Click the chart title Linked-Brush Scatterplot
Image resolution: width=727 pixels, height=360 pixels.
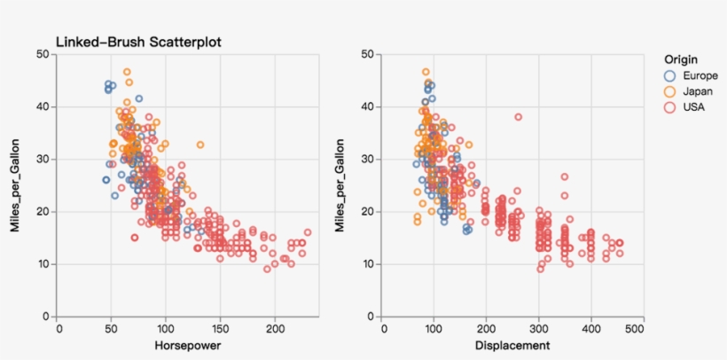[x=138, y=42]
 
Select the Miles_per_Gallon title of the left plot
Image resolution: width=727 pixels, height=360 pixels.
[x=15, y=185]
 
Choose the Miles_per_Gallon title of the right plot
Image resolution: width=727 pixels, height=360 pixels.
[x=340, y=185]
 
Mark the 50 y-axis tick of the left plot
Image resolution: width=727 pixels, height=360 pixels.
[x=43, y=55]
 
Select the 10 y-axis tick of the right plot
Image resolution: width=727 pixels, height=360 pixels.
[x=367, y=264]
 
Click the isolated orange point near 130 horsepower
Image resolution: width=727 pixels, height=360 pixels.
[x=200, y=145]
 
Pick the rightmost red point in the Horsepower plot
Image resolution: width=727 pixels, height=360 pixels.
[x=308, y=232]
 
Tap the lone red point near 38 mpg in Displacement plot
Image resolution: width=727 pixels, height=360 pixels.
[x=518, y=117]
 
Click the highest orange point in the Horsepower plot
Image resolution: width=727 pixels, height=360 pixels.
[x=127, y=72]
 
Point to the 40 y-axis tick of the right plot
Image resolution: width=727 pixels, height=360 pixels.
[x=367, y=107]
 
